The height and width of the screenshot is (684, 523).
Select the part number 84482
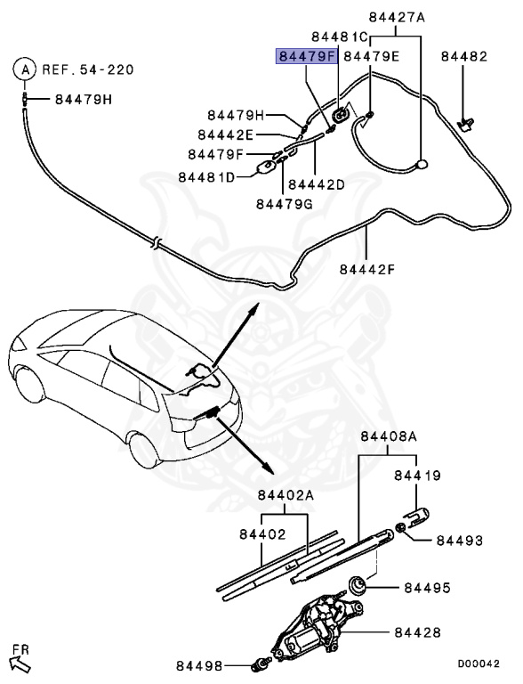(x=463, y=56)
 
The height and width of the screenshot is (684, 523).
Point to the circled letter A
(x=26, y=68)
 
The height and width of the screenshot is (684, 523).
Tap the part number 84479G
(x=284, y=203)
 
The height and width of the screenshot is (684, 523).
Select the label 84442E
(x=225, y=134)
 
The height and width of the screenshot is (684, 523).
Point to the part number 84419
(x=417, y=476)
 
